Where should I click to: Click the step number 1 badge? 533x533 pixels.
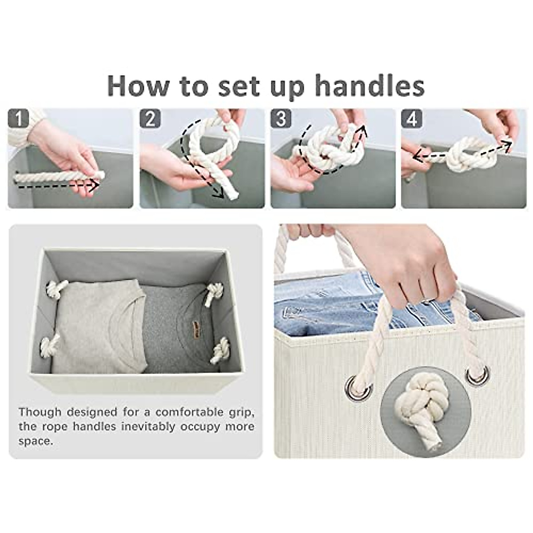[x=19, y=119]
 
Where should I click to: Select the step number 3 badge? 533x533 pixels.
[x=281, y=119]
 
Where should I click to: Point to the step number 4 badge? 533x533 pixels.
[x=412, y=119]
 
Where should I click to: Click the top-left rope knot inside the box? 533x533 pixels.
[x=56, y=290]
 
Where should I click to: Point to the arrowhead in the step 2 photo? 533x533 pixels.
[x=218, y=192]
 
